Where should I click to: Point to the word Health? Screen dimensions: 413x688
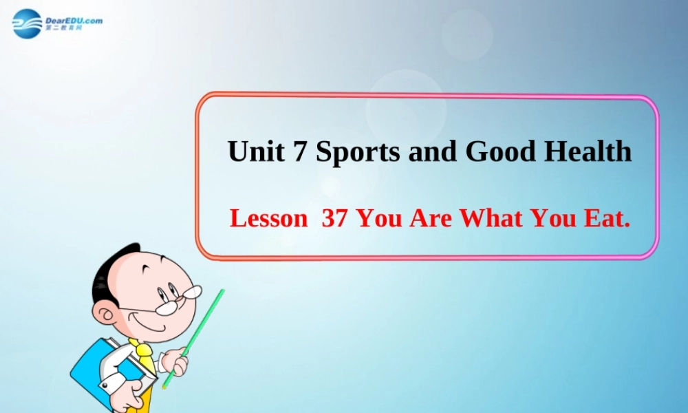coord(588,151)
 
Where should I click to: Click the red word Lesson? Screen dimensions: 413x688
coord(268,219)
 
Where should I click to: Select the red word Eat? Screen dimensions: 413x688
coord(608,219)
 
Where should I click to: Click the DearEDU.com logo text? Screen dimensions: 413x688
coord(74,21)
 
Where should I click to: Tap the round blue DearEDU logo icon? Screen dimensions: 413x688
coord(28,23)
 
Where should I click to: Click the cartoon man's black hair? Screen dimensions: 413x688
coord(110,268)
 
